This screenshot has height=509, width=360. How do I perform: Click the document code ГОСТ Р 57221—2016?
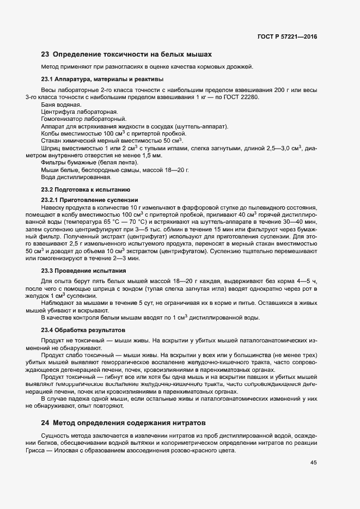point(287,37)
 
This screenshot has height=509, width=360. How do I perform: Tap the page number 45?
point(314,463)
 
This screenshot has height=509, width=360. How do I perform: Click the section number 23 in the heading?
point(45,54)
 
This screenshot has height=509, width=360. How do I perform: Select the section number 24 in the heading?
point(45,422)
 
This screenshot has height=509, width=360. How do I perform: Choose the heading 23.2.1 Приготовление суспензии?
point(90,200)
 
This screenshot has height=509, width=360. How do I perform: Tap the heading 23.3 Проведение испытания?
point(83,271)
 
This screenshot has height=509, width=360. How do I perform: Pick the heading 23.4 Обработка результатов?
point(83,330)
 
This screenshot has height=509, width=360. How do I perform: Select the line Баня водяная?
point(61,104)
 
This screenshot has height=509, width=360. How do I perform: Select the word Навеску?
point(54,208)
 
